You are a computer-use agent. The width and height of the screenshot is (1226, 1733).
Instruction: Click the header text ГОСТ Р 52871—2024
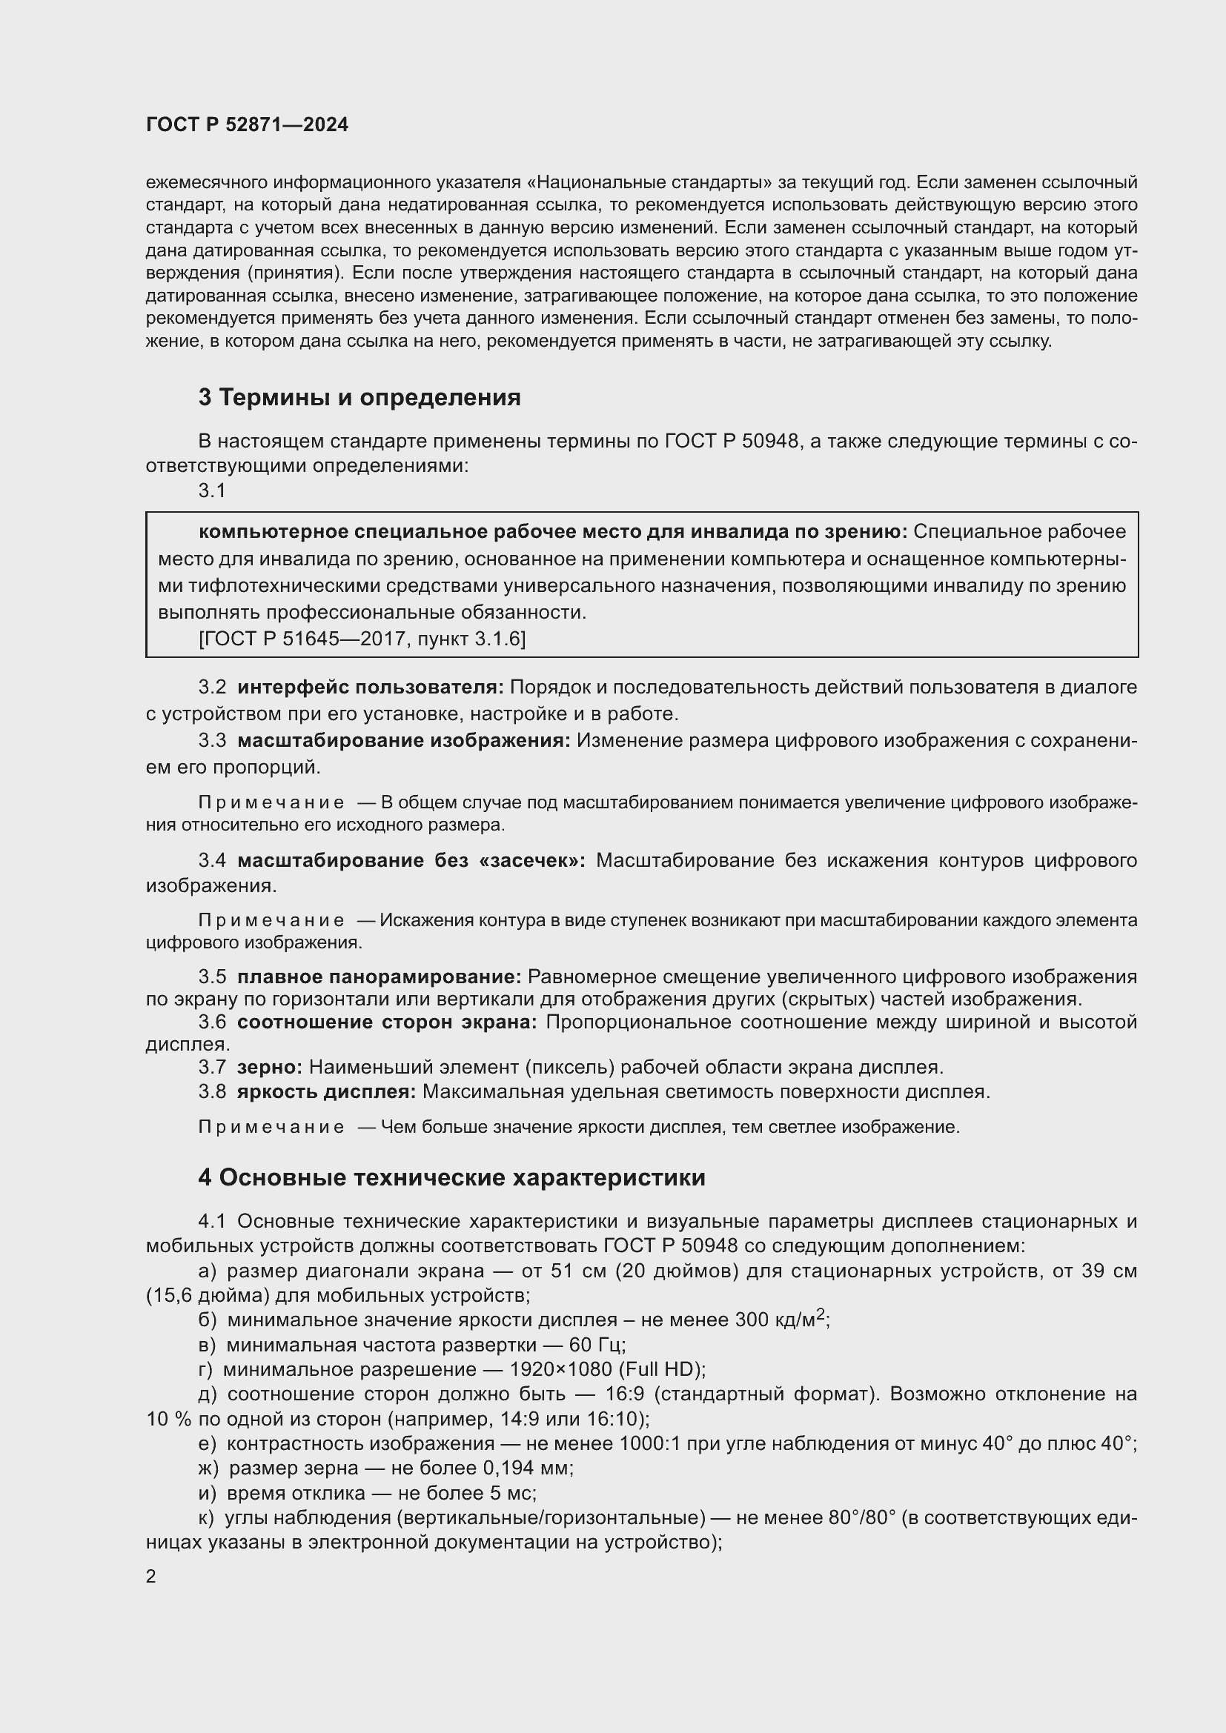[x=247, y=125]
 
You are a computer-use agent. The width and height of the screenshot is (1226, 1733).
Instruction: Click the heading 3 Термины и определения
[x=359, y=398]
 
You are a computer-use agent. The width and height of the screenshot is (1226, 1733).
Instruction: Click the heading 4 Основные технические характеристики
[x=451, y=1177]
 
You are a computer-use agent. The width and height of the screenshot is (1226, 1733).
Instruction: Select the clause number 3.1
[x=212, y=490]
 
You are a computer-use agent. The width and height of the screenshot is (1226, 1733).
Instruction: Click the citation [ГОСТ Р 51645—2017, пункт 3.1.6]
[x=362, y=639]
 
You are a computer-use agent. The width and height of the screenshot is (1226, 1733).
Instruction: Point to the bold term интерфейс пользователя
[x=370, y=688]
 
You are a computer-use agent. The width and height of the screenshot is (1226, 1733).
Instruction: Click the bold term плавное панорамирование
[x=379, y=977]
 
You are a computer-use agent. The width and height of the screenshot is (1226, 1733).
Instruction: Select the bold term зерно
[x=269, y=1067]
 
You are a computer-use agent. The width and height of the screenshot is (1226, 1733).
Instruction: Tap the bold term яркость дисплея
[x=325, y=1091]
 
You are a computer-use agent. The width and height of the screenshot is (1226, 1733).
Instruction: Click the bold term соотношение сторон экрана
[x=386, y=1022]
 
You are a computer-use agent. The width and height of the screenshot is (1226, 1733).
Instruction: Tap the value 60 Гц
[x=600, y=1345]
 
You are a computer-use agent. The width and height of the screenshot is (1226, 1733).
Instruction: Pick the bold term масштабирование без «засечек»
[x=411, y=860]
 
